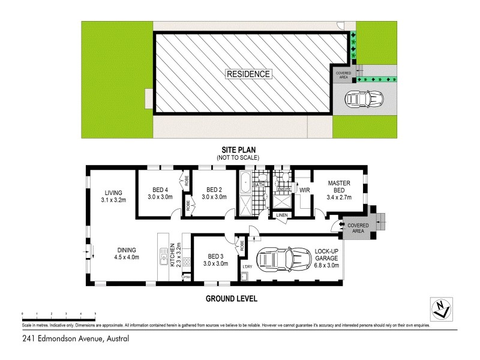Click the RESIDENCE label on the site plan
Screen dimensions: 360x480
[x=248, y=74]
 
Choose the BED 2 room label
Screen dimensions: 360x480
[x=214, y=193]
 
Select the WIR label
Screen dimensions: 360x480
[x=304, y=191]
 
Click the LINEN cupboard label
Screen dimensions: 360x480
[x=281, y=215]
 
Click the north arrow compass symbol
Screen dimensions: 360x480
[x=442, y=308]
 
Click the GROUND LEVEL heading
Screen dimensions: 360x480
[x=232, y=298]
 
